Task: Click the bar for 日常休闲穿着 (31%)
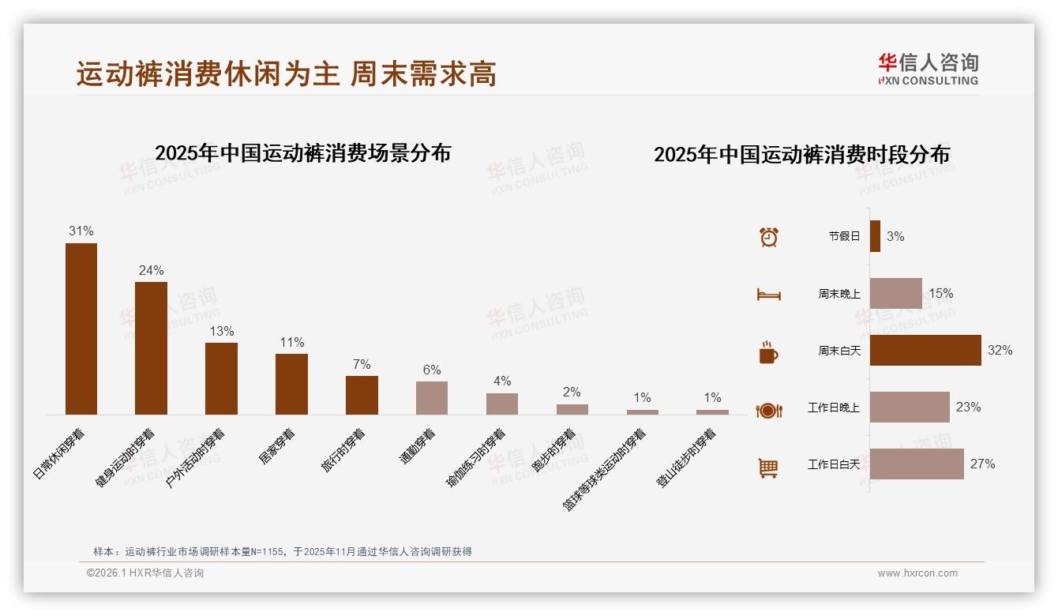tap(81, 329)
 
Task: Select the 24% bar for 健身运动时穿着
tap(151, 347)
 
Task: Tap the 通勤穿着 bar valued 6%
tap(432, 398)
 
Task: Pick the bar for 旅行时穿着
tap(362, 395)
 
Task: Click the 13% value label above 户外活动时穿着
tap(221, 332)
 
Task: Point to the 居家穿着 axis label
tap(277, 446)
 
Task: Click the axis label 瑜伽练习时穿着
tap(476, 458)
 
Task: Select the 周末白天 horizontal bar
tap(925, 350)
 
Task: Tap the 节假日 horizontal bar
tap(875, 236)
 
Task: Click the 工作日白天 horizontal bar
tap(917, 464)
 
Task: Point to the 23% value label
tap(968, 408)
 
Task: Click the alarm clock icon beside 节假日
tap(768, 237)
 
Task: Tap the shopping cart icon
tap(768, 468)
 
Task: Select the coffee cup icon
tap(768, 352)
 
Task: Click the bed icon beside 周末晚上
tap(768, 295)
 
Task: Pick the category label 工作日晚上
tap(833, 408)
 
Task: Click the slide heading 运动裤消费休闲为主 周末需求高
tap(287, 74)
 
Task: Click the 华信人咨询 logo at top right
tap(928, 69)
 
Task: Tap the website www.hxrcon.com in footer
tap(917, 573)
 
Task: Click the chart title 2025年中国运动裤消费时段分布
tap(801, 155)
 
